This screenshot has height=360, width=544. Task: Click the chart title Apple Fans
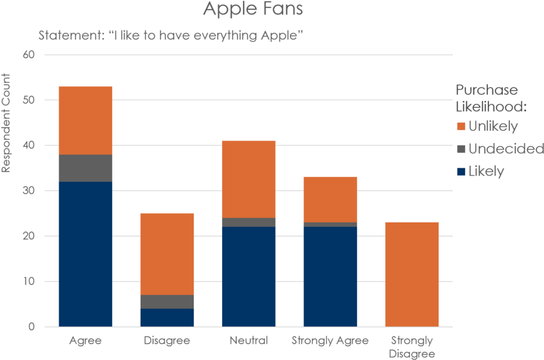[x=253, y=10]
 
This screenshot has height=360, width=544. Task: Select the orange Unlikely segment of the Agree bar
[x=86, y=120]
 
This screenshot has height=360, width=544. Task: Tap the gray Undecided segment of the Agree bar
[x=86, y=168]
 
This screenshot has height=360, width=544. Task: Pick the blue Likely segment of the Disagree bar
[x=167, y=317]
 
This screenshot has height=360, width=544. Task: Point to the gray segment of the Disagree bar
[x=167, y=301]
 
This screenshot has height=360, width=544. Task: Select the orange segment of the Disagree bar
[x=167, y=253]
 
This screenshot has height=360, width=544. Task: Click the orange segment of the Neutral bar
[x=249, y=179]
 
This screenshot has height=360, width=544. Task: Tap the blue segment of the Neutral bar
[x=249, y=276]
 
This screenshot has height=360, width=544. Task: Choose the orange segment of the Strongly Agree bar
[x=330, y=199]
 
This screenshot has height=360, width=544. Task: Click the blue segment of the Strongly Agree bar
[x=330, y=276]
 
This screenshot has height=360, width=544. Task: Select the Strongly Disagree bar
[x=411, y=274]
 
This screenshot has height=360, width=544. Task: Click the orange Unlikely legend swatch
[x=461, y=127]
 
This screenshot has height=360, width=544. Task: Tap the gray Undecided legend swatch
[x=461, y=149]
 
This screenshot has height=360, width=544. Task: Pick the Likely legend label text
[x=486, y=171]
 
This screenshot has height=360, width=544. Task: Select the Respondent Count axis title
[x=6, y=123]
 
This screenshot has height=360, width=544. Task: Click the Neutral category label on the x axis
[x=249, y=340]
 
